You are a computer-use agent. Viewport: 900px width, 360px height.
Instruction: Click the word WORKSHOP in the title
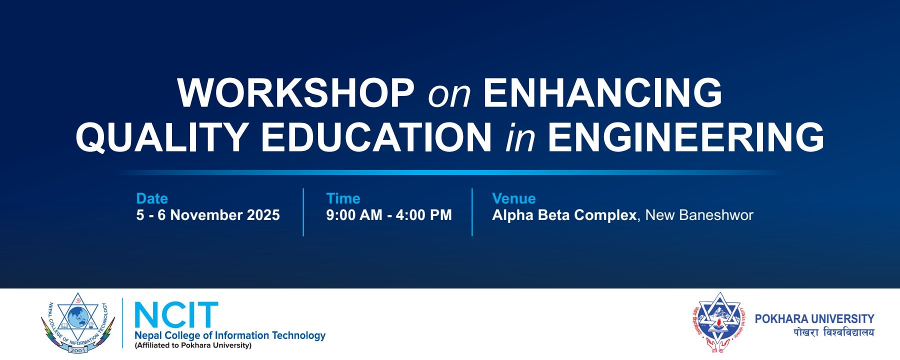295,93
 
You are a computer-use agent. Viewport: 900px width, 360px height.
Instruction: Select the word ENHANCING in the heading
602,93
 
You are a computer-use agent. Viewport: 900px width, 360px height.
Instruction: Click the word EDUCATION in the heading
376,136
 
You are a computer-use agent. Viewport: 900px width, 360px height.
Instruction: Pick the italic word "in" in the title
520,137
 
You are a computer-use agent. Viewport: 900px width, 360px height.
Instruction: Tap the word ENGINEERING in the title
686,136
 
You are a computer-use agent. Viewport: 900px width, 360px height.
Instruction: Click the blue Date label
152,198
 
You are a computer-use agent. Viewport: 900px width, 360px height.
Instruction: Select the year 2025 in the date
263,215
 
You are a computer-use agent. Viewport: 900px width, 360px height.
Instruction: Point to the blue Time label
343,198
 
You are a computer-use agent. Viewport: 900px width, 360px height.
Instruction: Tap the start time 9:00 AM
354,215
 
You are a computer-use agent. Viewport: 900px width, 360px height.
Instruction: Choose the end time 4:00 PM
423,215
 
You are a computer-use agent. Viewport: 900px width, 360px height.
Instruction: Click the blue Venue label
513,198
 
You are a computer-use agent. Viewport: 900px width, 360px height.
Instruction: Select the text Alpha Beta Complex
564,215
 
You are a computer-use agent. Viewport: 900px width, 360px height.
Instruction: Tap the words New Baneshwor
699,215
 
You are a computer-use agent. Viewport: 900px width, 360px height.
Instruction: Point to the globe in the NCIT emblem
77,317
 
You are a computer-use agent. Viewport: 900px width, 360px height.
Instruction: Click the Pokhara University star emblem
719,320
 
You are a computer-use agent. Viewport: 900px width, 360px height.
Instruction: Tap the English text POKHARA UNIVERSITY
814,318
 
